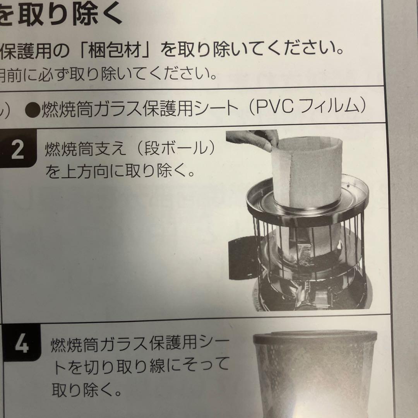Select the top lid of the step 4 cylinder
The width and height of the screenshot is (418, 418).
315,336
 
